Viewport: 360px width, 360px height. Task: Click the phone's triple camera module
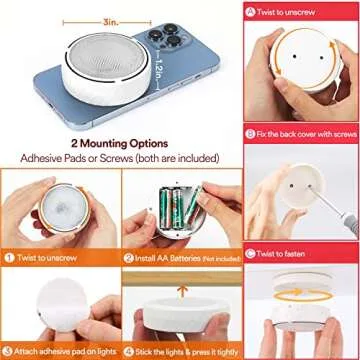point(169,36)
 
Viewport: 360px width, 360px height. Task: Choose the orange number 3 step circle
point(8,352)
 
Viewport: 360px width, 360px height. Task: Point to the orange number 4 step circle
point(129,352)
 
